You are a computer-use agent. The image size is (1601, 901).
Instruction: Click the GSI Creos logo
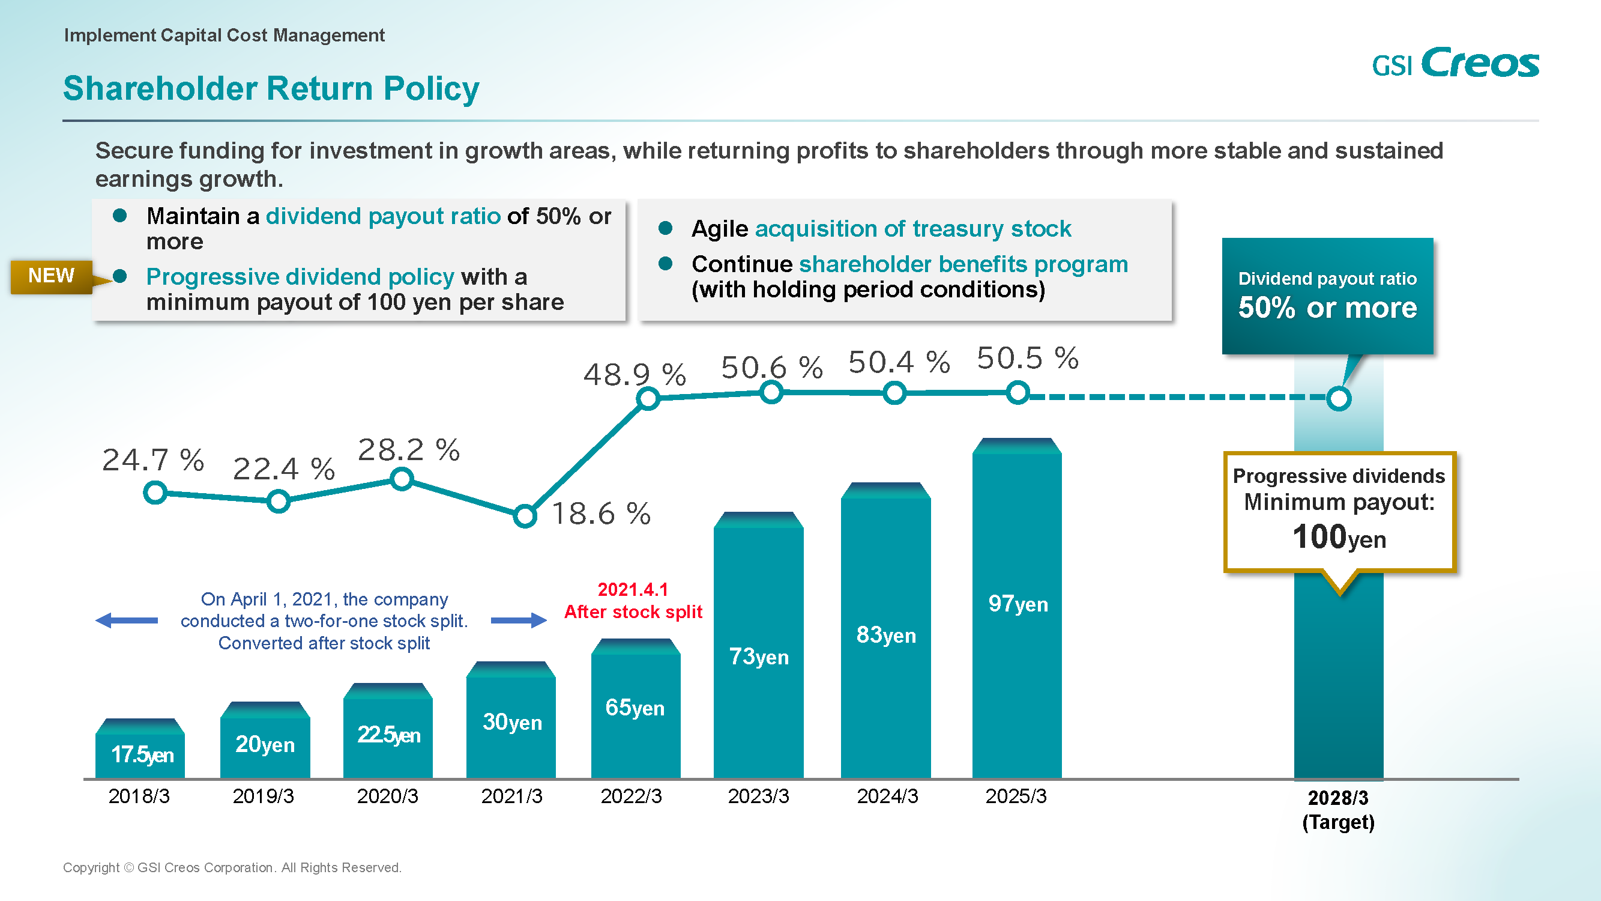pyautogui.click(x=1455, y=63)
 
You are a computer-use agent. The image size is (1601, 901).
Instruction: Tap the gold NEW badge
pyautogui.click(x=52, y=276)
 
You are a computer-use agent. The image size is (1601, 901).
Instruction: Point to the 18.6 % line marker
pyautogui.click(x=525, y=515)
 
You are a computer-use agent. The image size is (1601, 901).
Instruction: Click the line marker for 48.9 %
pyautogui.click(x=648, y=399)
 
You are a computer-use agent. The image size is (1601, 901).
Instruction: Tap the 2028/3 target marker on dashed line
pyautogui.click(x=1338, y=399)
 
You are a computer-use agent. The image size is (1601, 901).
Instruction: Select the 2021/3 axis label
pyautogui.click(x=511, y=796)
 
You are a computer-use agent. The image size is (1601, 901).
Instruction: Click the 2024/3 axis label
pyautogui.click(x=887, y=796)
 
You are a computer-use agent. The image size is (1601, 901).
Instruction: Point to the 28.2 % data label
pyautogui.click(x=409, y=449)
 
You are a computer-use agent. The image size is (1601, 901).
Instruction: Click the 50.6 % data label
pyautogui.click(x=772, y=368)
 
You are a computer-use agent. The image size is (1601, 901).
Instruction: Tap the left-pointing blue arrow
pyautogui.click(x=127, y=620)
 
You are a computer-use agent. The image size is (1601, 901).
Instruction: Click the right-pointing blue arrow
pyautogui.click(x=518, y=620)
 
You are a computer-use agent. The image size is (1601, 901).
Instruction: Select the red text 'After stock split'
pyautogui.click(x=633, y=612)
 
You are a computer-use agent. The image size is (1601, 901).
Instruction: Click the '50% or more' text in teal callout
pyautogui.click(x=1327, y=308)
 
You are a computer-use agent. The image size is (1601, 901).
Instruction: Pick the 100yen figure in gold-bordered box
pyautogui.click(x=1339, y=537)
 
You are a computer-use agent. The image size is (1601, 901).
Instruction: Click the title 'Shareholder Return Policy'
pyautogui.click(x=271, y=88)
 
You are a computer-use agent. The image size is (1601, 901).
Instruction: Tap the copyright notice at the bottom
pyautogui.click(x=232, y=867)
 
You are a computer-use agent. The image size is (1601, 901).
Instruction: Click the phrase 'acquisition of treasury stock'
pyautogui.click(x=913, y=229)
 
